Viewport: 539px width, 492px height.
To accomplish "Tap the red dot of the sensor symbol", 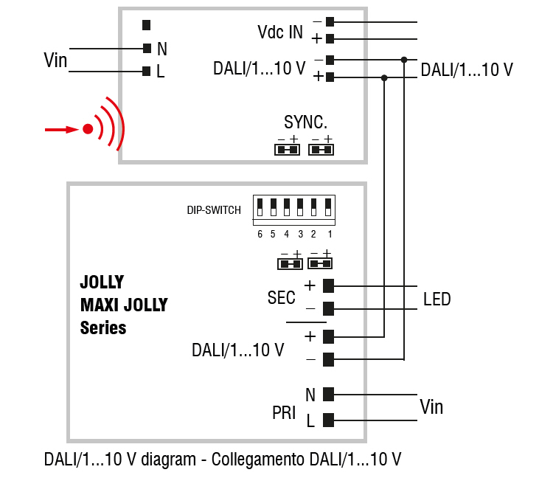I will click(x=88, y=130).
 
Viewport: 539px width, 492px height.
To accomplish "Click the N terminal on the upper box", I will click(x=147, y=49).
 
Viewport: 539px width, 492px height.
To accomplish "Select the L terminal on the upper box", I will click(x=147, y=72).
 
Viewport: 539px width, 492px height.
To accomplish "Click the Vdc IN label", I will click(x=280, y=32).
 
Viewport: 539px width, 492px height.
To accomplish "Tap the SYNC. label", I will click(x=305, y=122).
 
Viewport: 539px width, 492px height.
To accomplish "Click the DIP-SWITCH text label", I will click(x=214, y=210).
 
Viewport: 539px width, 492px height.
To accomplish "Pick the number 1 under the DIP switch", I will click(x=330, y=235).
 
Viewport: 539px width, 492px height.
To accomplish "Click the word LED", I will click(x=437, y=299).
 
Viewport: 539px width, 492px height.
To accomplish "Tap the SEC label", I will click(x=281, y=298).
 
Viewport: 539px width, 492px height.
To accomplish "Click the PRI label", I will click(x=284, y=413).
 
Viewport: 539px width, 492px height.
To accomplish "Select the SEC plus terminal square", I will click(x=329, y=285).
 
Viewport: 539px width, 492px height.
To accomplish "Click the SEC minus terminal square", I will click(x=329, y=308).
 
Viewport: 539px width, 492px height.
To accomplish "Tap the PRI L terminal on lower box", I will click(x=329, y=420).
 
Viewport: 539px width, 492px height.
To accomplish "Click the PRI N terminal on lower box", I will click(x=329, y=394).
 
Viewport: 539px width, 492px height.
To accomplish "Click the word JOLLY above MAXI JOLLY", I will click(x=102, y=283).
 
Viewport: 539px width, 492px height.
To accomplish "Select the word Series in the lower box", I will click(x=103, y=328).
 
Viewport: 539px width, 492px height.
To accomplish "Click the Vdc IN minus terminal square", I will click(x=330, y=21).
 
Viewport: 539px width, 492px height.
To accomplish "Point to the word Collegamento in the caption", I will click(x=260, y=460).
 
